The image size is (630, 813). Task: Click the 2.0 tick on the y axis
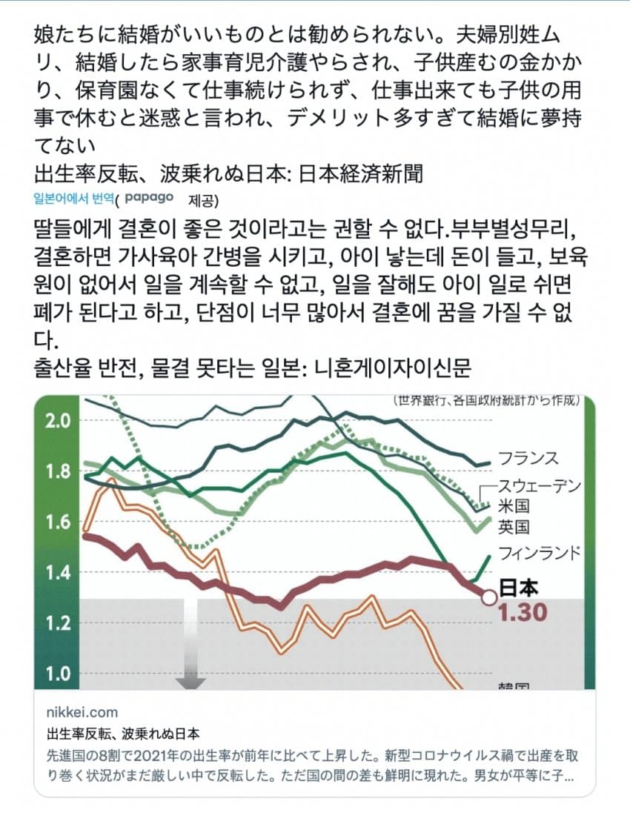57,420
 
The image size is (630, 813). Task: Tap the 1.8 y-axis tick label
57,471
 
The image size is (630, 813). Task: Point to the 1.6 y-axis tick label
57,522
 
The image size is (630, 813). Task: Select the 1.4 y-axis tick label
57,572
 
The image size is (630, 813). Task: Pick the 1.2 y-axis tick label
57,623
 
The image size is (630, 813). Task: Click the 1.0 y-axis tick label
57,674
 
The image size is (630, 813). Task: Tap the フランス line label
528,457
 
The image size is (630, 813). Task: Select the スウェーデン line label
539,486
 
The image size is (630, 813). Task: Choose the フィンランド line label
539,553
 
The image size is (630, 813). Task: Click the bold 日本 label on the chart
518,588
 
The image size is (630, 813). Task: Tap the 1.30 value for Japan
523,613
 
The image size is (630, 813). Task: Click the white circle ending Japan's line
489,597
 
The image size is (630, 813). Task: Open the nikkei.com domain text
82,712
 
